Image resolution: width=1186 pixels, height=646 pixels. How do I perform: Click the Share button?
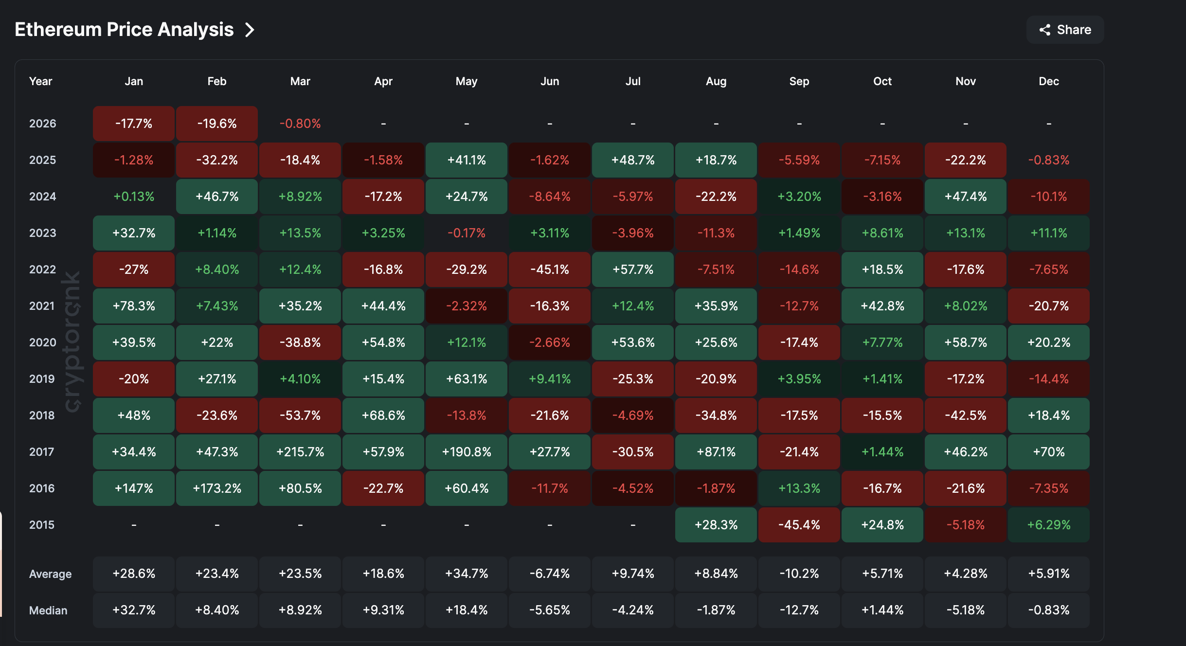point(1065,30)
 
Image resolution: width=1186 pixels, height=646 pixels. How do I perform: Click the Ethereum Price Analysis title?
point(124,30)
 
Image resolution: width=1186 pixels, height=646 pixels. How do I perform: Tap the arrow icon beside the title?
point(250,30)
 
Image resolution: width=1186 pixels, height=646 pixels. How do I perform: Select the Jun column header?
point(550,81)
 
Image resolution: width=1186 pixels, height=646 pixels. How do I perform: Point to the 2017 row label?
point(42,452)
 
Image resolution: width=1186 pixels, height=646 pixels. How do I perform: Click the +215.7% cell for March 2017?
point(300,452)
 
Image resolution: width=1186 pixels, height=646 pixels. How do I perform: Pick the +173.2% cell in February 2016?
point(217,488)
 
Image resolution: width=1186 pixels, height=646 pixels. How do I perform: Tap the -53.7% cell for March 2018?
point(300,415)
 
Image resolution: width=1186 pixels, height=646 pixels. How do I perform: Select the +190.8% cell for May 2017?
point(467,452)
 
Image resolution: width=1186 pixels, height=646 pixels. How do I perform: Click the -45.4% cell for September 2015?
point(799,525)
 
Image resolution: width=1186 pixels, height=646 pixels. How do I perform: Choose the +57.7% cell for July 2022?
point(633,269)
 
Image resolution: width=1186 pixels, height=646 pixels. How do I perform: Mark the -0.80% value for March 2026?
point(300,124)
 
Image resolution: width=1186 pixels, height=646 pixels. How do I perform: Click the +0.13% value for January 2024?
point(134,197)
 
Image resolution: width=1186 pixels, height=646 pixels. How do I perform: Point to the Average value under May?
point(467,574)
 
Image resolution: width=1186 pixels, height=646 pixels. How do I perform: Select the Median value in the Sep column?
point(799,610)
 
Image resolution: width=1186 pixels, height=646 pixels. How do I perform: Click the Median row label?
point(48,610)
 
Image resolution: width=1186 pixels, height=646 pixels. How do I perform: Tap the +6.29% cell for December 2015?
point(1049,525)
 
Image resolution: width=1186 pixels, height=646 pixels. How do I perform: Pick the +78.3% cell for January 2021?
point(134,306)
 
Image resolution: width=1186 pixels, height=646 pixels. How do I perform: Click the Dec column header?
point(1049,81)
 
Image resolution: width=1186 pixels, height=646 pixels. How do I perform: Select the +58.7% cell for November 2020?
point(966,342)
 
